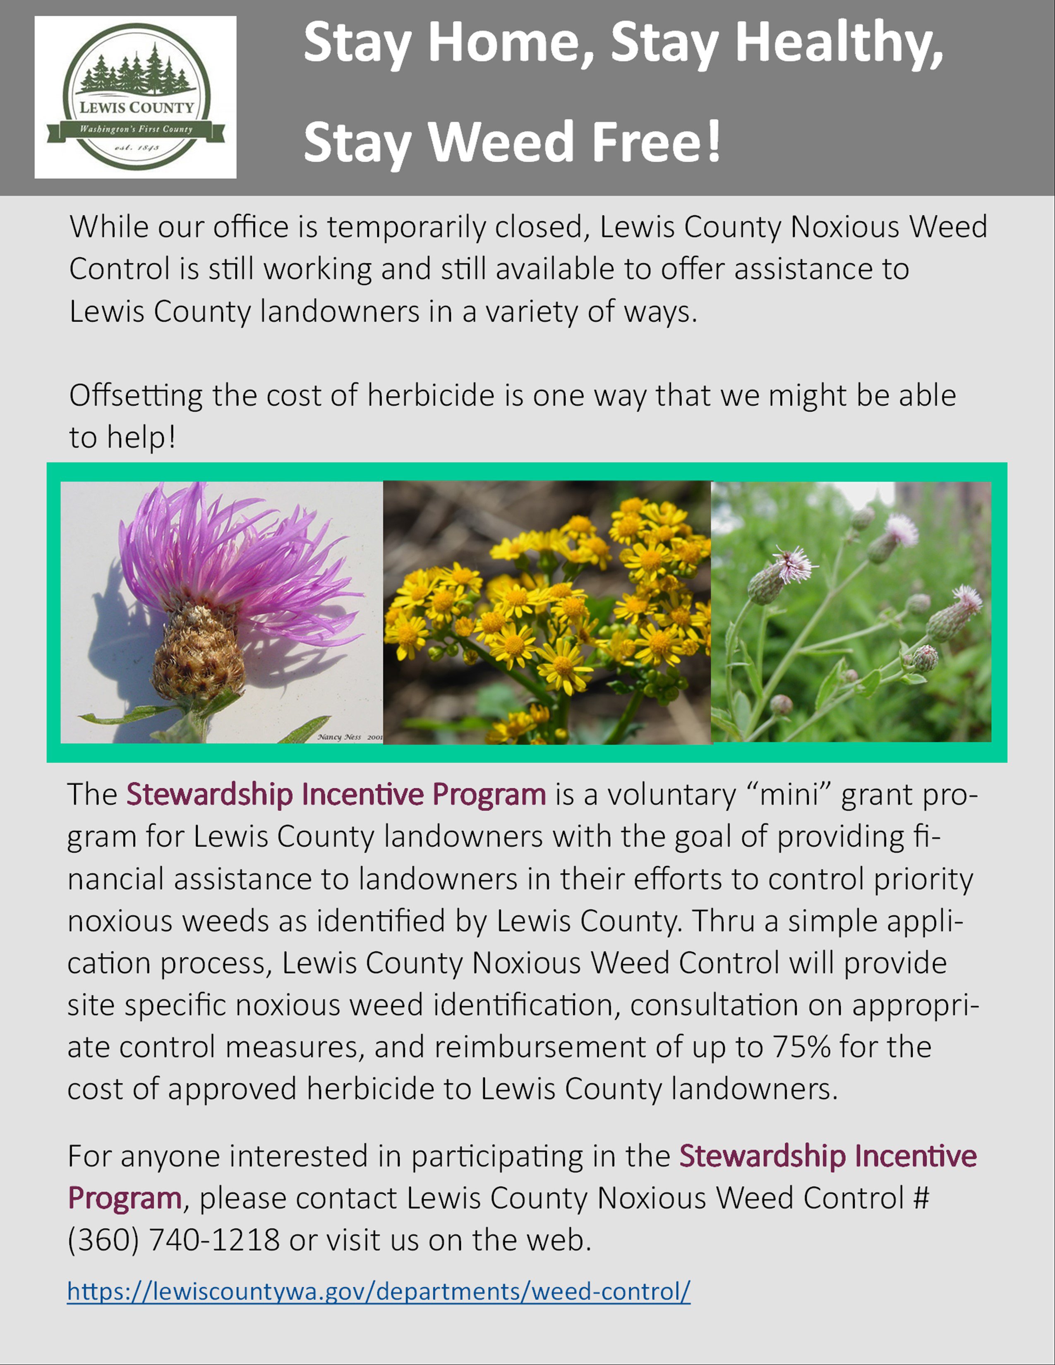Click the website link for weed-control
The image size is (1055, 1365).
pos(379,1291)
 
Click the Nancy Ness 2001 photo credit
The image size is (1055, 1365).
pos(349,737)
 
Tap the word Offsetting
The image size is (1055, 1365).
pos(136,395)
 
